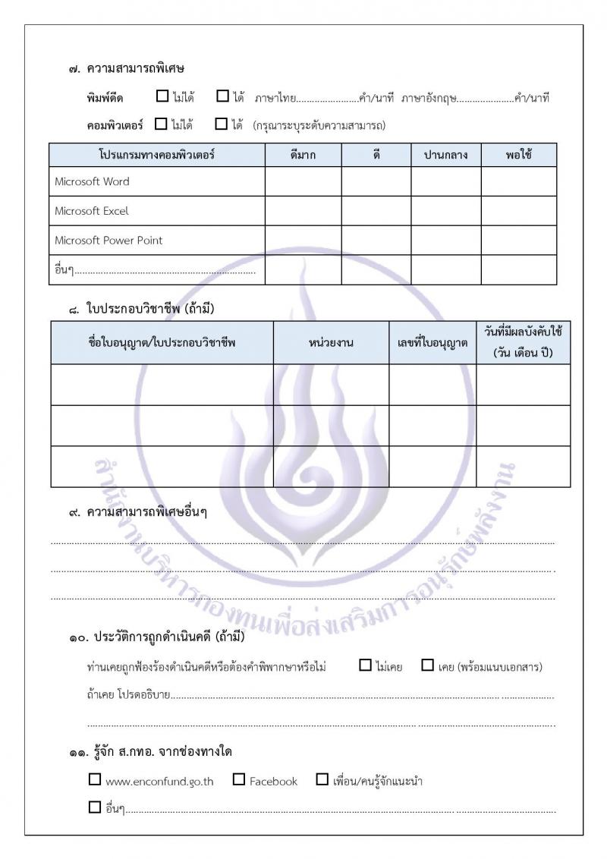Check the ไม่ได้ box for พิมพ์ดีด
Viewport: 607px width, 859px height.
point(162,96)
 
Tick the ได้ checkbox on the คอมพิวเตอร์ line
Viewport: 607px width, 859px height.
point(222,123)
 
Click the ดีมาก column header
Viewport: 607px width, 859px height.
point(303,155)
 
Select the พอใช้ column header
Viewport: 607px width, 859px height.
point(518,155)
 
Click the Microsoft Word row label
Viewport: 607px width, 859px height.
point(92,181)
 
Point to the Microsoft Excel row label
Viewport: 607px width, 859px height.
point(92,211)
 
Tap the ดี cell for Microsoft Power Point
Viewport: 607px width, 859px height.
point(376,241)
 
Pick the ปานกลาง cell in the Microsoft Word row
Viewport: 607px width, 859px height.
point(446,181)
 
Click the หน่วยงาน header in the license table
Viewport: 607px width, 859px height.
point(331,343)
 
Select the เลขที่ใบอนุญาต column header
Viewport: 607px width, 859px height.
point(432,343)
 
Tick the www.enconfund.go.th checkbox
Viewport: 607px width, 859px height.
point(95,779)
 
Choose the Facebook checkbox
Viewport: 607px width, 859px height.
point(239,779)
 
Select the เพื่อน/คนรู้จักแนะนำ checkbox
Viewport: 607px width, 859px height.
point(322,779)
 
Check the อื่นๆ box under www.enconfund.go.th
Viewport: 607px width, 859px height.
point(95,807)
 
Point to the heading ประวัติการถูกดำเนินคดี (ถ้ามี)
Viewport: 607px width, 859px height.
point(166,637)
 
